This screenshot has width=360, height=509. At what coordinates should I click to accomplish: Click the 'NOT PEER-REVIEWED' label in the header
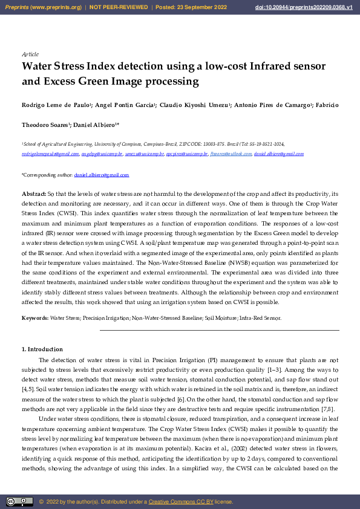pos(119,7)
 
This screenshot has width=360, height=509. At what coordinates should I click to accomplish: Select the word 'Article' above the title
pos(30,54)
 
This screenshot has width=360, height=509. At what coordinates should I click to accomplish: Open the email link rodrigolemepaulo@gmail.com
pos(50,154)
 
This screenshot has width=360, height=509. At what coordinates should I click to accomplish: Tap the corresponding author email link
pos(101,175)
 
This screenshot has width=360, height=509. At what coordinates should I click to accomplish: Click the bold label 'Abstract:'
pos(34,193)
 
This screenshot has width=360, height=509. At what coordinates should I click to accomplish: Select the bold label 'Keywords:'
pos(35,317)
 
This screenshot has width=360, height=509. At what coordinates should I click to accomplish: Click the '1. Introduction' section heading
pos(42,349)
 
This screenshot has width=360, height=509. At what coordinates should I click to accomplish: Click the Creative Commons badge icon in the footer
pos(19,501)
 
